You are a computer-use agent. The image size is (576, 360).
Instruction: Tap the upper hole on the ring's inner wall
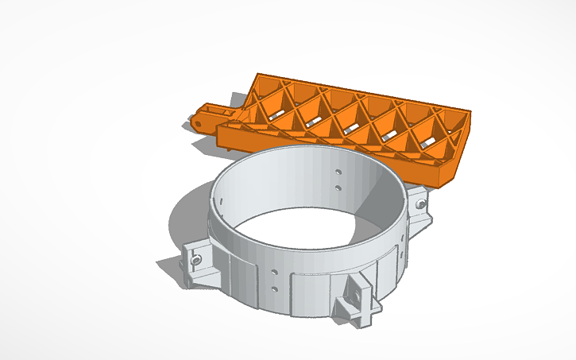point(338,171)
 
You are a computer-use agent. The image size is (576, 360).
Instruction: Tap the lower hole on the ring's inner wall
point(338,188)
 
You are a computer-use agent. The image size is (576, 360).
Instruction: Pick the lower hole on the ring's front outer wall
point(275,288)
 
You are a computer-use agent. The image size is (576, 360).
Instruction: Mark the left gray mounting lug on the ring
point(198,262)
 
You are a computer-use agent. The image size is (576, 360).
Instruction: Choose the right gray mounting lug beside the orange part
point(419,209)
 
